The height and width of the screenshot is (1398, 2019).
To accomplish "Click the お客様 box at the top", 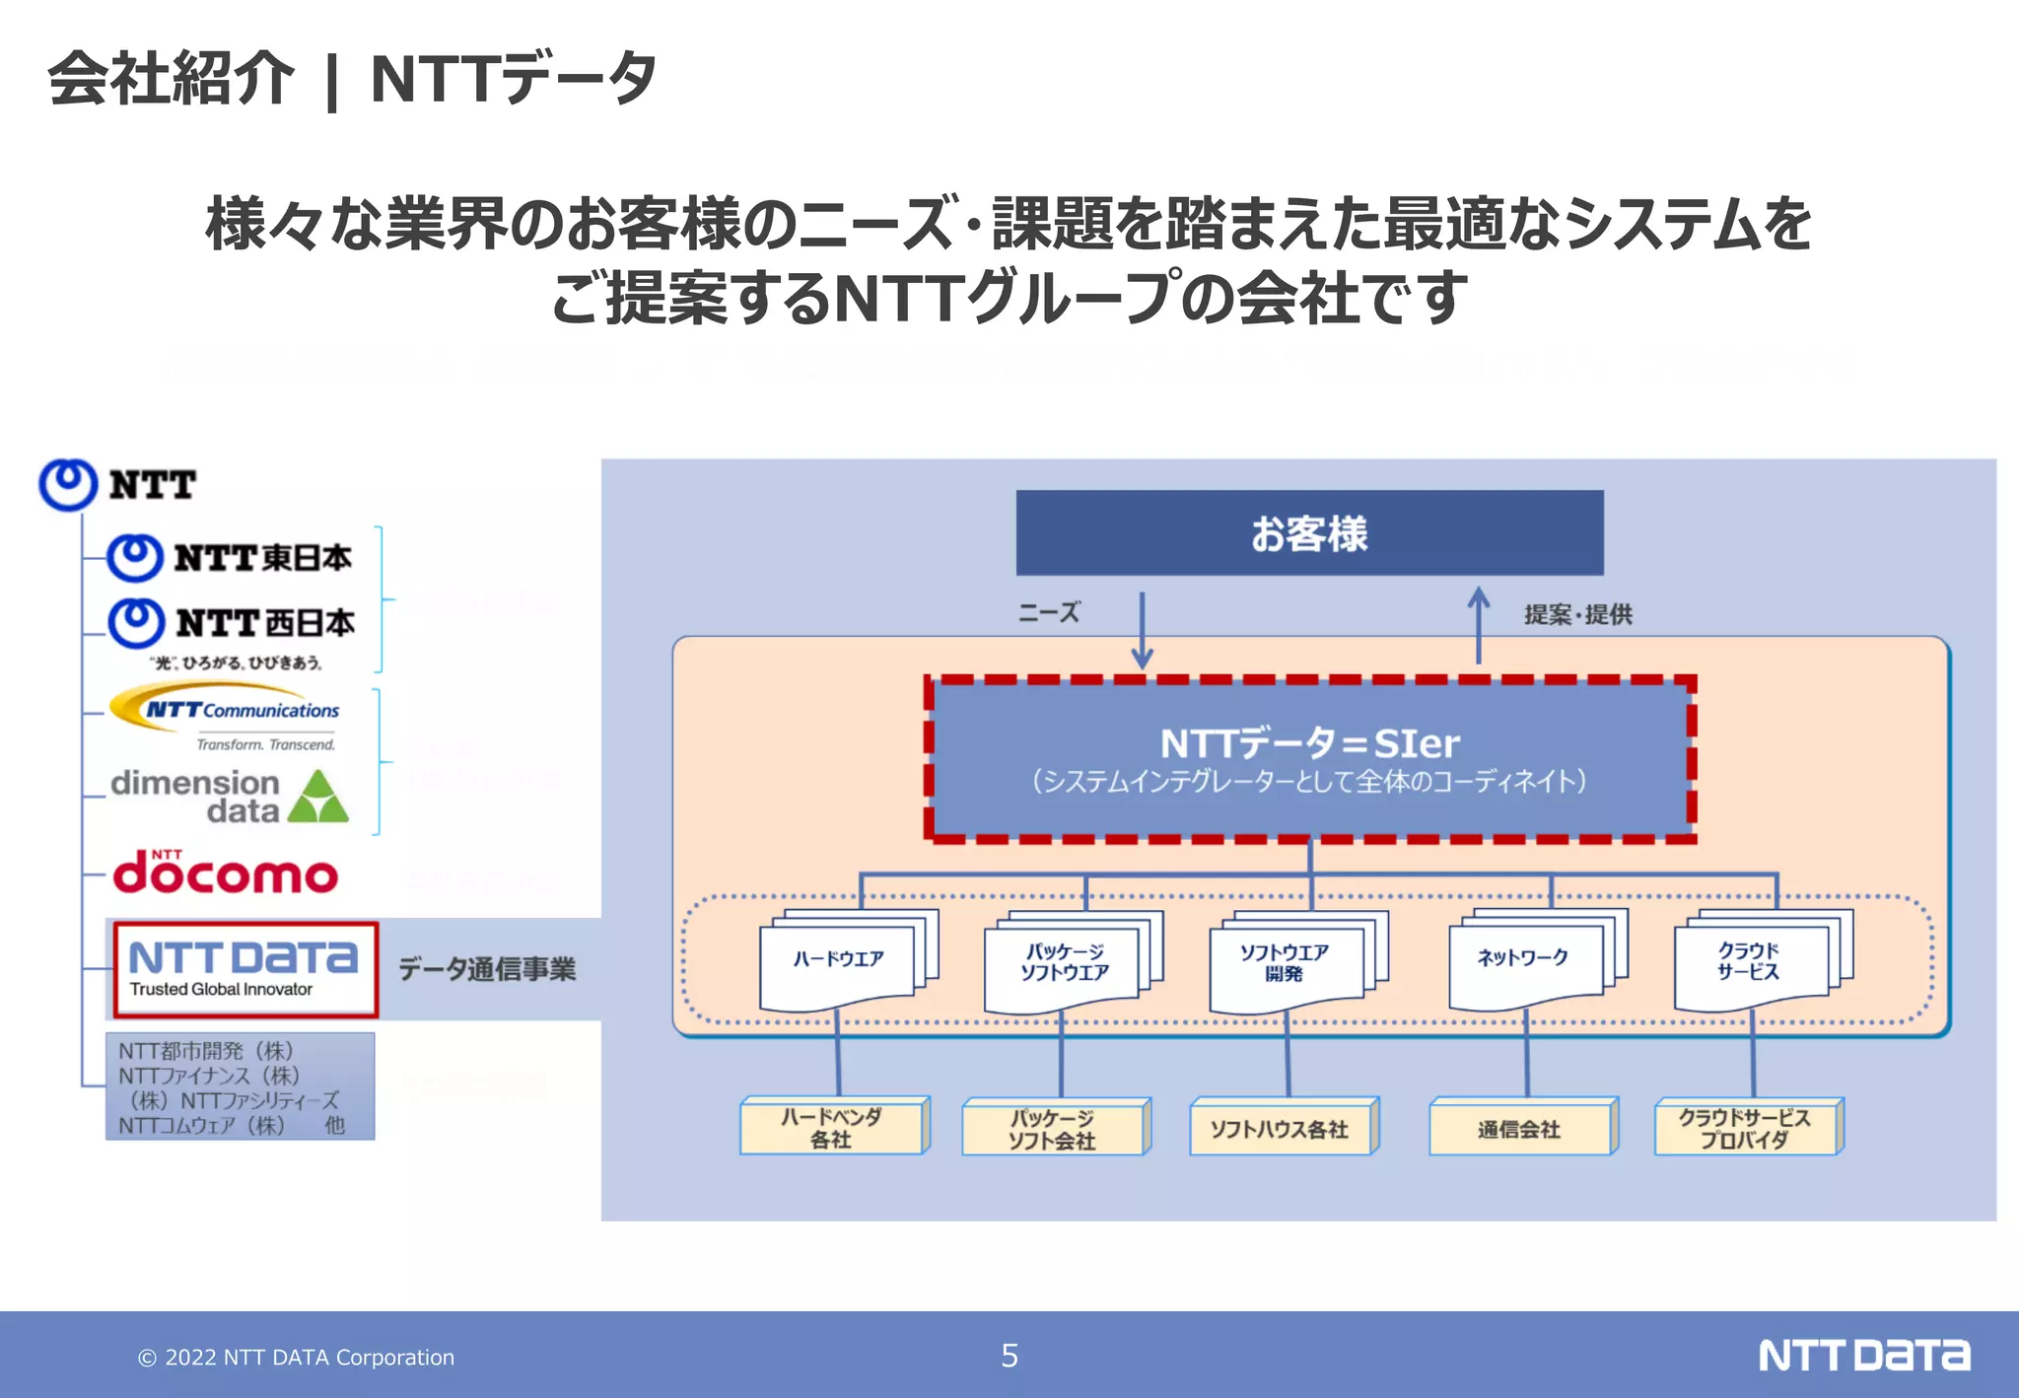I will coord(1309,532).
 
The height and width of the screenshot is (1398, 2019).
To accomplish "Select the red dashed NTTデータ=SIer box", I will coord(1309,759).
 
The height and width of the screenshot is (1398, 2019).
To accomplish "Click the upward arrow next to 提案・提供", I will coord(1478,625).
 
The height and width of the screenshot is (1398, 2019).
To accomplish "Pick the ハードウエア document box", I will coord(839,960).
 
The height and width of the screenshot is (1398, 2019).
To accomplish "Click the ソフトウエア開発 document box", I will coord(1286,962).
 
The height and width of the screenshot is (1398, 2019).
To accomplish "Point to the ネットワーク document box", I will coord(1524,960).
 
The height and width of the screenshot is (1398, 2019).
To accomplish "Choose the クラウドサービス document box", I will coord(1750,962).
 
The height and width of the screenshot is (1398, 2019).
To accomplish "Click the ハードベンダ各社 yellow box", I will coord(832,1128).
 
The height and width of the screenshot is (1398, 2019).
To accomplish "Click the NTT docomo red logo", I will coord(225,873).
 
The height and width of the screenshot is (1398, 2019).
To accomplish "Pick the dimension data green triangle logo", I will coord(318,797).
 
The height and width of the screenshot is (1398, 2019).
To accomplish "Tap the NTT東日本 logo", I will coord(229,558).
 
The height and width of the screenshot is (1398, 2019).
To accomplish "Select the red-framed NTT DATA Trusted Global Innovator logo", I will coord(244,969).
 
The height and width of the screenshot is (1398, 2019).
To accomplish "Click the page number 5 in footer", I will coord(1009,1356).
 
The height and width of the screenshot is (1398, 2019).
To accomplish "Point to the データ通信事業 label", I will coord(487,969).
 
